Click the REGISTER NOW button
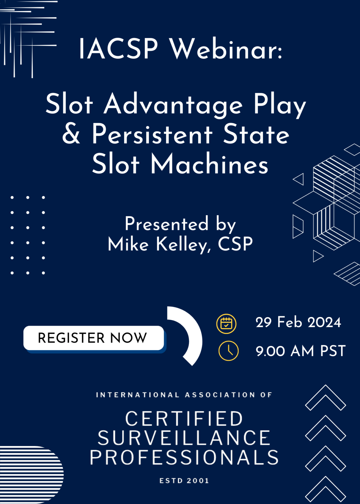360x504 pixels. [94, 338]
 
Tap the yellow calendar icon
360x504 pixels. [226, 324]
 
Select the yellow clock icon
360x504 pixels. [229, 351]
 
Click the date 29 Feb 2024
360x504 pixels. [298, 322]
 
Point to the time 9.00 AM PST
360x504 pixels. [301, 351]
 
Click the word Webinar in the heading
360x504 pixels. [226, 49]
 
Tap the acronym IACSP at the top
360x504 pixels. [118, 49]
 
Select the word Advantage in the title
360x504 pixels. [173, 104]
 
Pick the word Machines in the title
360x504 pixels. [209, 164]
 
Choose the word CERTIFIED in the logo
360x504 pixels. [184, 419]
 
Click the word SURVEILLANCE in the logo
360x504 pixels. [184, 438]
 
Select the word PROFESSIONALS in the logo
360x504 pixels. [184, 457]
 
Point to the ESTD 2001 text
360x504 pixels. [184, 481]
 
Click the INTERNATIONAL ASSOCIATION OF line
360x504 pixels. [184, 395]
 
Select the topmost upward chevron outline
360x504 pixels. [325, 397]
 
